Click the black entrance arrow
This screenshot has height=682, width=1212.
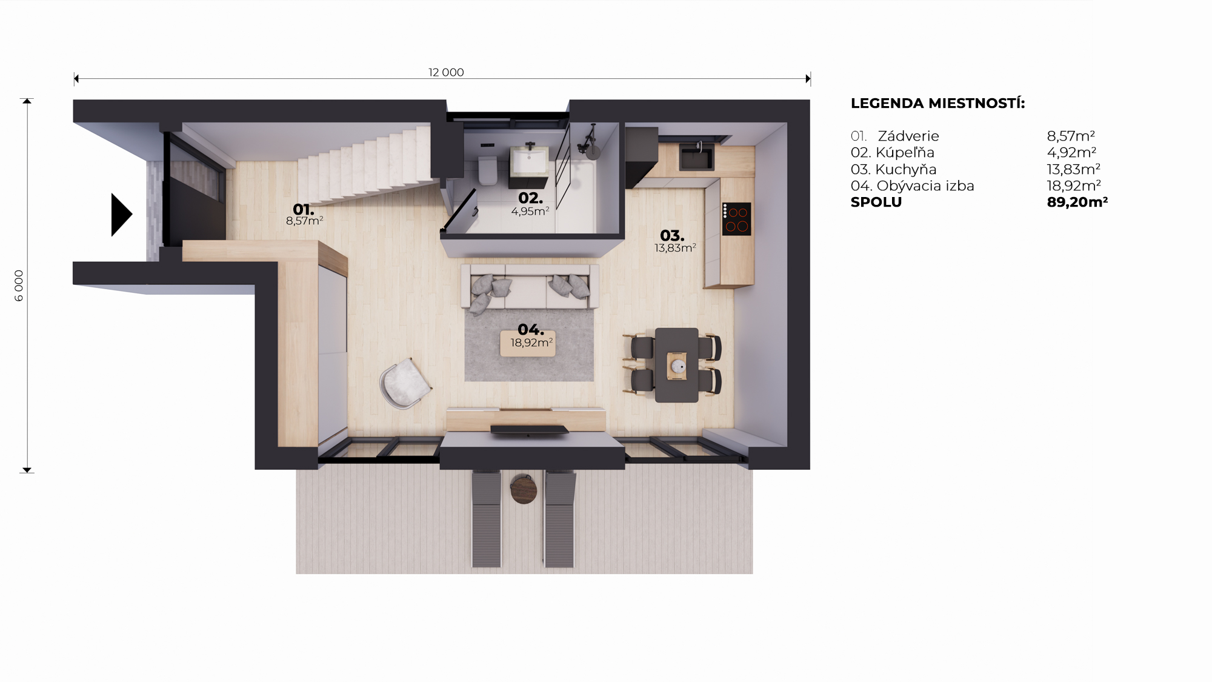(121, 215)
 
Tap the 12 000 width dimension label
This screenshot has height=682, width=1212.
(446, 73)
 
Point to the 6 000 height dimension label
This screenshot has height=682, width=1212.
(19, 286)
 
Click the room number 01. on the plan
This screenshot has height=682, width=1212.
(303, 210)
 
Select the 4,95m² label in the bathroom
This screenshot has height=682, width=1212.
(530, 211)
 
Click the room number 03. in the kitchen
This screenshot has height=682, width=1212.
(672, 235)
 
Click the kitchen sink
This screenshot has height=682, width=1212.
(696, 157)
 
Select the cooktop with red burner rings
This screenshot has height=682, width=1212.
(736, 219)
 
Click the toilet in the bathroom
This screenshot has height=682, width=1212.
(488, 170)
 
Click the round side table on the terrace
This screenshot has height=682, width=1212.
(524, 489)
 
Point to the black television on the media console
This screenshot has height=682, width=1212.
(530, 430)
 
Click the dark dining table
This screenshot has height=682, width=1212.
(676, 365)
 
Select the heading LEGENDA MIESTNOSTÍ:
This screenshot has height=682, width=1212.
(937, 103)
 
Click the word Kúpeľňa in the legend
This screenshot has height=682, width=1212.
(905, 153)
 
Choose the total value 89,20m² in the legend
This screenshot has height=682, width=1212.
(1077, 202)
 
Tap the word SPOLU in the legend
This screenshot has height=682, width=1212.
(876, 202)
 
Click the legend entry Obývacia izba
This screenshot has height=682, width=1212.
(925, 186)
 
